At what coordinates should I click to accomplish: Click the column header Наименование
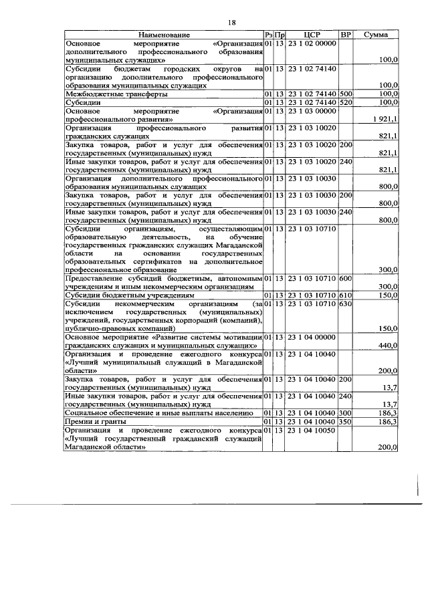click(164, 34)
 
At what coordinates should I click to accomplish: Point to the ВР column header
click(346, 34)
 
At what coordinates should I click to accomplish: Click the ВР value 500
click(346, 94)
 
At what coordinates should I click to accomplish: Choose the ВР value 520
click(346, 102)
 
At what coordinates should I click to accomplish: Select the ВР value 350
click(346, 422)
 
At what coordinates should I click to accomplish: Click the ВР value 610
click(346, 295)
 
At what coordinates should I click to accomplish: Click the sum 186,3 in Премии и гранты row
click(389, 422)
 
